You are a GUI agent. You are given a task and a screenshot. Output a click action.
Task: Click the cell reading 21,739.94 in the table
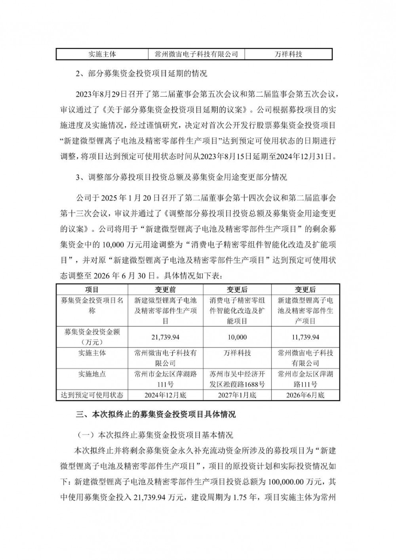(166, 337)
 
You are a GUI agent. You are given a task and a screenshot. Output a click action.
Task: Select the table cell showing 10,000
(237, 337)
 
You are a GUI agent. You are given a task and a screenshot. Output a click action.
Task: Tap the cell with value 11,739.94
(305, 337)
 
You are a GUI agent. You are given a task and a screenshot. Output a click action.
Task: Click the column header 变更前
(166, 290)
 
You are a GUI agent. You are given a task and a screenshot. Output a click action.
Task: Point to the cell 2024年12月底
(166, 395)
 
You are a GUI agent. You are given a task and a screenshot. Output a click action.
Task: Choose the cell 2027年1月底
(237, 395)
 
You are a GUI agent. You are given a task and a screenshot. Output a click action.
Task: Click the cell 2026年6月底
(305, 395)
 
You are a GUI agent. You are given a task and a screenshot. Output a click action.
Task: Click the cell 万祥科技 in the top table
(288, 54)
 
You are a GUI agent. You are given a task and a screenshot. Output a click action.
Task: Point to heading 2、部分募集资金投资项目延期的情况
(141, 74)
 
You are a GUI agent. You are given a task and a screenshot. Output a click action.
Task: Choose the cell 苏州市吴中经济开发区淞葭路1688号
(237, 379)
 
